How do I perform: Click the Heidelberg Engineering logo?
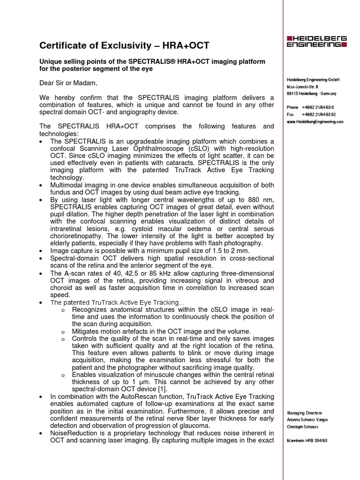pos(316,41)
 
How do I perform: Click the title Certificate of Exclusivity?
pos(124,45)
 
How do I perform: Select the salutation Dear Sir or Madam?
pos(68,83)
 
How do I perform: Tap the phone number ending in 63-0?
pos(322,107)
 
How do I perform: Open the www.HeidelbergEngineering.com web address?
pos(315,121)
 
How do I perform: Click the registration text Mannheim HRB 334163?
pos(307,441)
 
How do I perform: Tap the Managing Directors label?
pos(304,412)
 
